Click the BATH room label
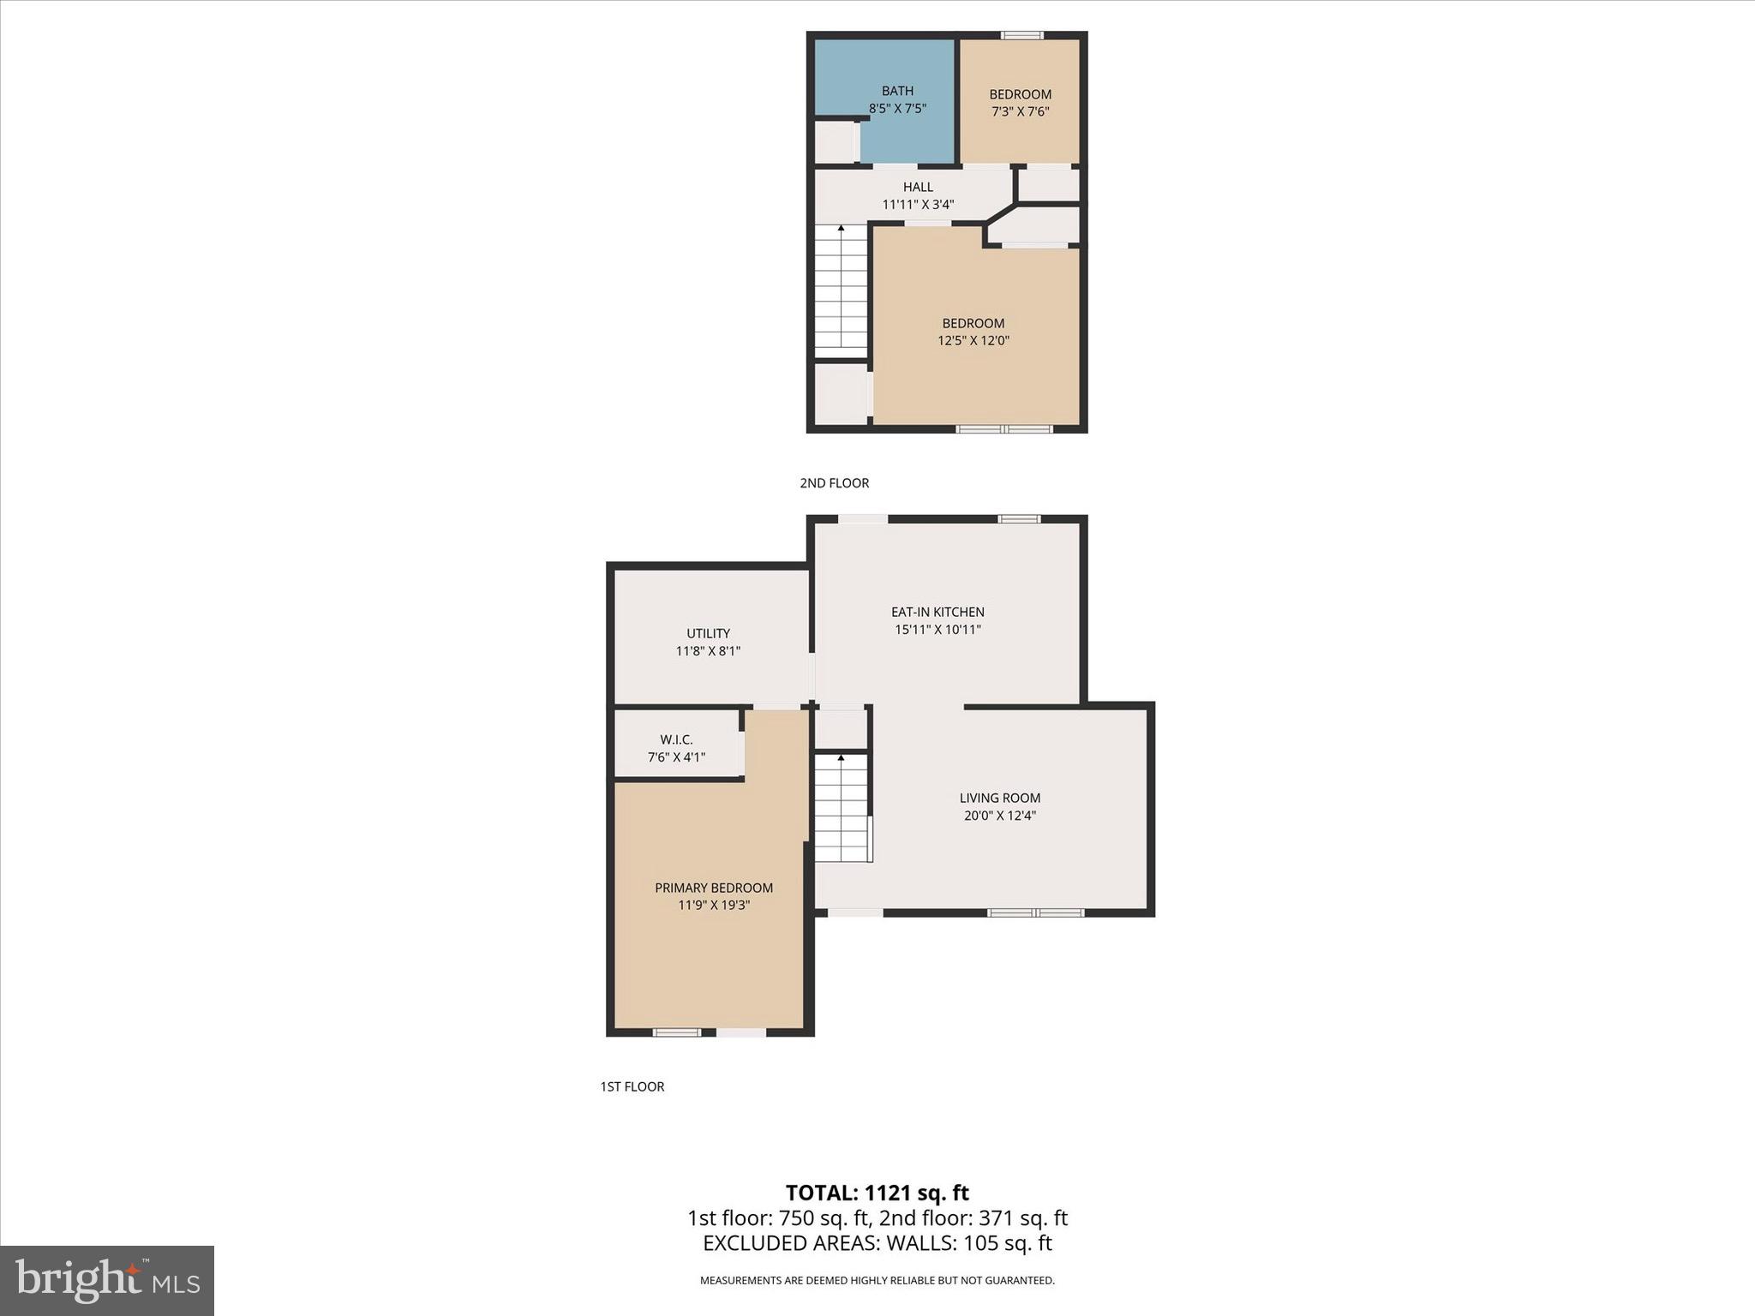point(897,91)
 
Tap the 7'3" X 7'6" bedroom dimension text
point(1020,111)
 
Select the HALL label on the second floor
point(918,187)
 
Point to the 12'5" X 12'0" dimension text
point(973,341)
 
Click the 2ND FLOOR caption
point(834,483)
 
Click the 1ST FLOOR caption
point(632,1086)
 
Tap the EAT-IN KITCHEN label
point(937,612)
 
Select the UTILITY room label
point(708,633)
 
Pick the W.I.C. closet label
point(676,739)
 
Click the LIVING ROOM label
point(999,798)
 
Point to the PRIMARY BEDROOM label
point(714,888)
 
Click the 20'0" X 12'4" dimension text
point(999,816)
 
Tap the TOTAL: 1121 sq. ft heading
point(877,1193)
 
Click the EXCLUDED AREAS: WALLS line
point(877,1243)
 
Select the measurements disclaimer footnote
point(877,1281)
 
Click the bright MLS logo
point(107,1280)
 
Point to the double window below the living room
point(1035,912)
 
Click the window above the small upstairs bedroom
point(1021,35)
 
